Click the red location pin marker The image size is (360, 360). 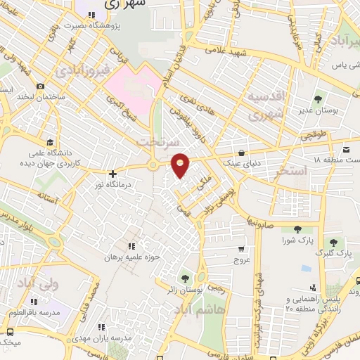(x=181, y=165)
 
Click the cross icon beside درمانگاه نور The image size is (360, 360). (x=112, y=172)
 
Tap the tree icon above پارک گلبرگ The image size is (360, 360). (x=343, y=240)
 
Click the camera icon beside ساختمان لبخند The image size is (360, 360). (x=41, y=86)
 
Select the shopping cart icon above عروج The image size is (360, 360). (x=241, y=248)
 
